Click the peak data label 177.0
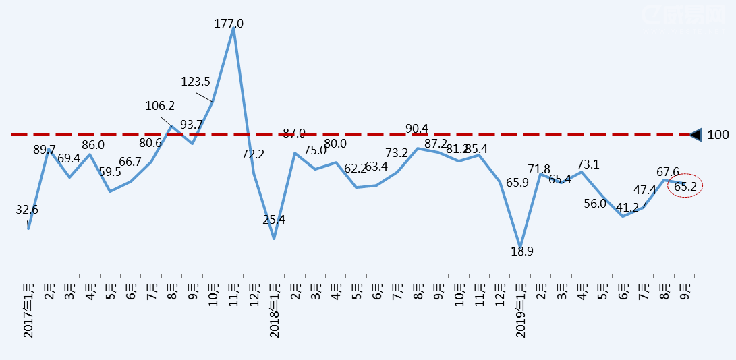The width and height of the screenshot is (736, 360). (x=229, y=24)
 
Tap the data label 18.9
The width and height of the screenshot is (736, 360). (x=521, y=251)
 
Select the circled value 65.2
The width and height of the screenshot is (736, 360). (x=685, y=186)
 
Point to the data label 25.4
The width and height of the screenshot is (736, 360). (x=274, y=220)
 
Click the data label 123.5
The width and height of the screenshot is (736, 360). (x=196, y=82)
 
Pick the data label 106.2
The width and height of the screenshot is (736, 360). (x=160, y=106)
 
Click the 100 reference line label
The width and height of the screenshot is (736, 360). (x=718, y=135)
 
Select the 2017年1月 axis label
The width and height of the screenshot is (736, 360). (x=28, y=311)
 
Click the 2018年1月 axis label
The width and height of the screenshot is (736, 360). (x=274, y=311)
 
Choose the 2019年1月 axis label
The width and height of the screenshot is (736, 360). (x=520, y=311)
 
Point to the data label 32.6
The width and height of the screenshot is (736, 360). (x=27, y=210)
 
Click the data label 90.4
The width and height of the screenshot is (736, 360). (x=417, y=129)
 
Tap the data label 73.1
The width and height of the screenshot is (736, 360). (x=588, y=164)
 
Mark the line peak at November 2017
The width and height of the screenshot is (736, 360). (x=233, y=29)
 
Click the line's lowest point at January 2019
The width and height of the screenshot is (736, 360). (x=520, y=246)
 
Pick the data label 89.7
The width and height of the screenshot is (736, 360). (x=45, y=150)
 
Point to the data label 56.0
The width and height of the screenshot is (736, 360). (x=595, y=204)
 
